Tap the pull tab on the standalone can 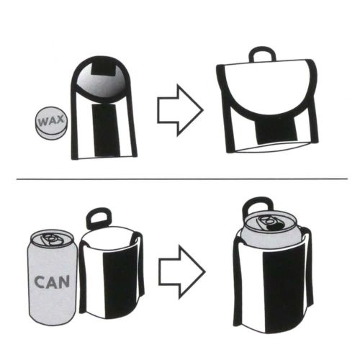click(52, 238)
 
